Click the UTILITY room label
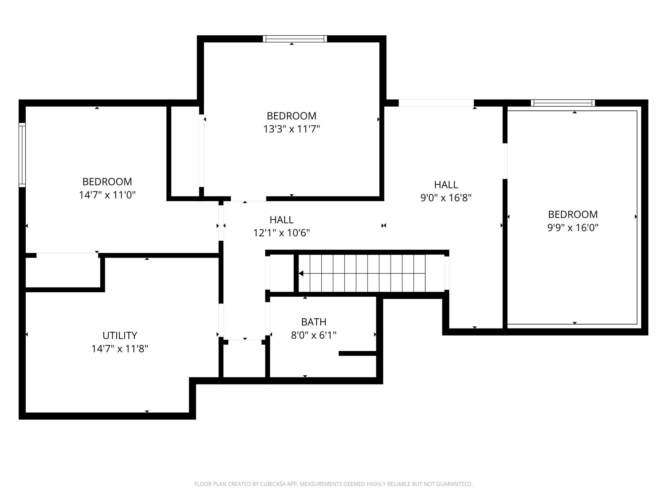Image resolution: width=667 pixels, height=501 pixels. coord(120,335)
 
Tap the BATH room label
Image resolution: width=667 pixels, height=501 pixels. coord(314,322)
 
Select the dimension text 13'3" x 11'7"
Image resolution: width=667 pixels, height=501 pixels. coord(291,129)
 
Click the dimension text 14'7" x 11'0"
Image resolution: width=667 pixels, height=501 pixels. coord(107,195)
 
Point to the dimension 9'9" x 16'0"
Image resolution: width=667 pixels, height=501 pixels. coord(573,228)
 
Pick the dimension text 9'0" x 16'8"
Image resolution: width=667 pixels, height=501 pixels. coord(446,198)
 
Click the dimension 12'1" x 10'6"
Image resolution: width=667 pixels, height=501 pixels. coord(282,233)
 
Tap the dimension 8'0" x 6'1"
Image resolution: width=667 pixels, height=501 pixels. coord(314,335)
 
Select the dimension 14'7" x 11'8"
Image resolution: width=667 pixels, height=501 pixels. coord(120,349)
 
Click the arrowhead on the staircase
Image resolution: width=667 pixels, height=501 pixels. coord(301,274)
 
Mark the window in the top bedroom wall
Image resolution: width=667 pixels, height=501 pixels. coord(295,39)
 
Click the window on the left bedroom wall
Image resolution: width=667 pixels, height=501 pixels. coord(22,155)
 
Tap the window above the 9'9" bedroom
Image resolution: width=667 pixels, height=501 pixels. coord(563,103)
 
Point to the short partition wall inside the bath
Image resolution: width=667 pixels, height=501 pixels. coord(357,354)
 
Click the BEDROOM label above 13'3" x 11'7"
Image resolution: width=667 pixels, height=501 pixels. coord(291,116)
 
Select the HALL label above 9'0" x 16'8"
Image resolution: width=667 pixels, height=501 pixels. coord(446,185)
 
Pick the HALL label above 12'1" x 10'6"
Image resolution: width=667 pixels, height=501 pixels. coord(282,220)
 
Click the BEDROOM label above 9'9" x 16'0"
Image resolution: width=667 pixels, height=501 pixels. coord(573,214)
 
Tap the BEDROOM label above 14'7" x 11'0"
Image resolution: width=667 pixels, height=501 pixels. coord(107,182)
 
